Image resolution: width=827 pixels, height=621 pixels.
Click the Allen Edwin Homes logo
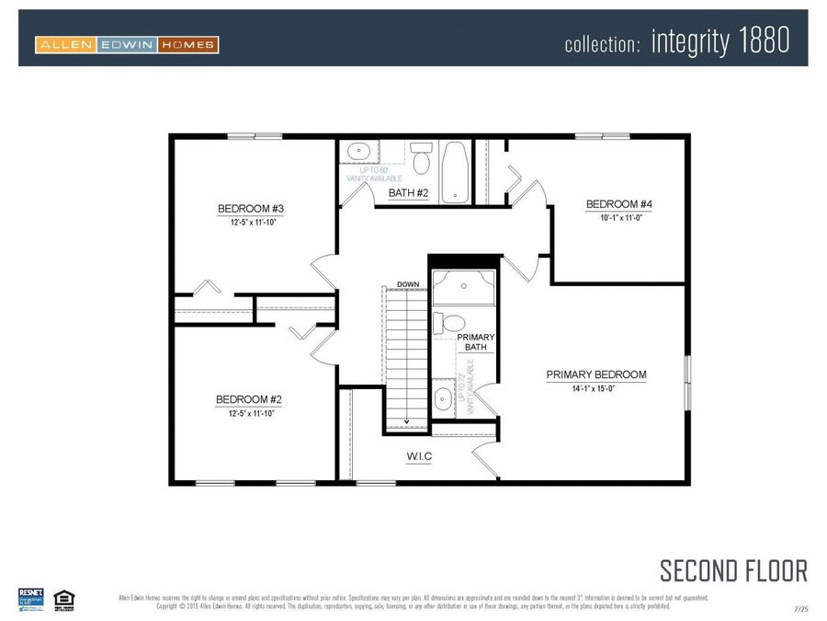[127, 44]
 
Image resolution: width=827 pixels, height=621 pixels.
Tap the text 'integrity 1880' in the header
[719, 41]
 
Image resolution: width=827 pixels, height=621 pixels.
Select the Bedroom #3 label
[244, 208]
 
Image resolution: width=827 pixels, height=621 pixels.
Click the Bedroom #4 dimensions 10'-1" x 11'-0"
[612, 217]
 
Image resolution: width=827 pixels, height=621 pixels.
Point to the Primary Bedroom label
[595, 375]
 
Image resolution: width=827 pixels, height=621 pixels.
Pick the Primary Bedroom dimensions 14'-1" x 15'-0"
[595, 389]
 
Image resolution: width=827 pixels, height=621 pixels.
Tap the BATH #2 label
[409, 193]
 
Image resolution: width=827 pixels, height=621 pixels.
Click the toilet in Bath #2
[422, 159]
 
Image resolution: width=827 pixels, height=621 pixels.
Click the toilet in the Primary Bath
[449, 323]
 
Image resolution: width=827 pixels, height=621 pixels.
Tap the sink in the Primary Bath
[443, 398]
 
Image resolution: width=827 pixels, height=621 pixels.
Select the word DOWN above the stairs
[408, 284]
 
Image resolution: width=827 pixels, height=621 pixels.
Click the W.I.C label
[419, 455]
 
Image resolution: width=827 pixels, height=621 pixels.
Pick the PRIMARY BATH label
[476, 342]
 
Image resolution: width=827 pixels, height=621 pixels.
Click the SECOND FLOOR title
[733, 570]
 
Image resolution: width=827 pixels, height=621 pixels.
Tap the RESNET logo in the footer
[30, 597]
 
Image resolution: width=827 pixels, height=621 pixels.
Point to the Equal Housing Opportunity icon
[63, 598]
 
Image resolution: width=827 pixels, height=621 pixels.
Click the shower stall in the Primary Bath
[463, 286]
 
